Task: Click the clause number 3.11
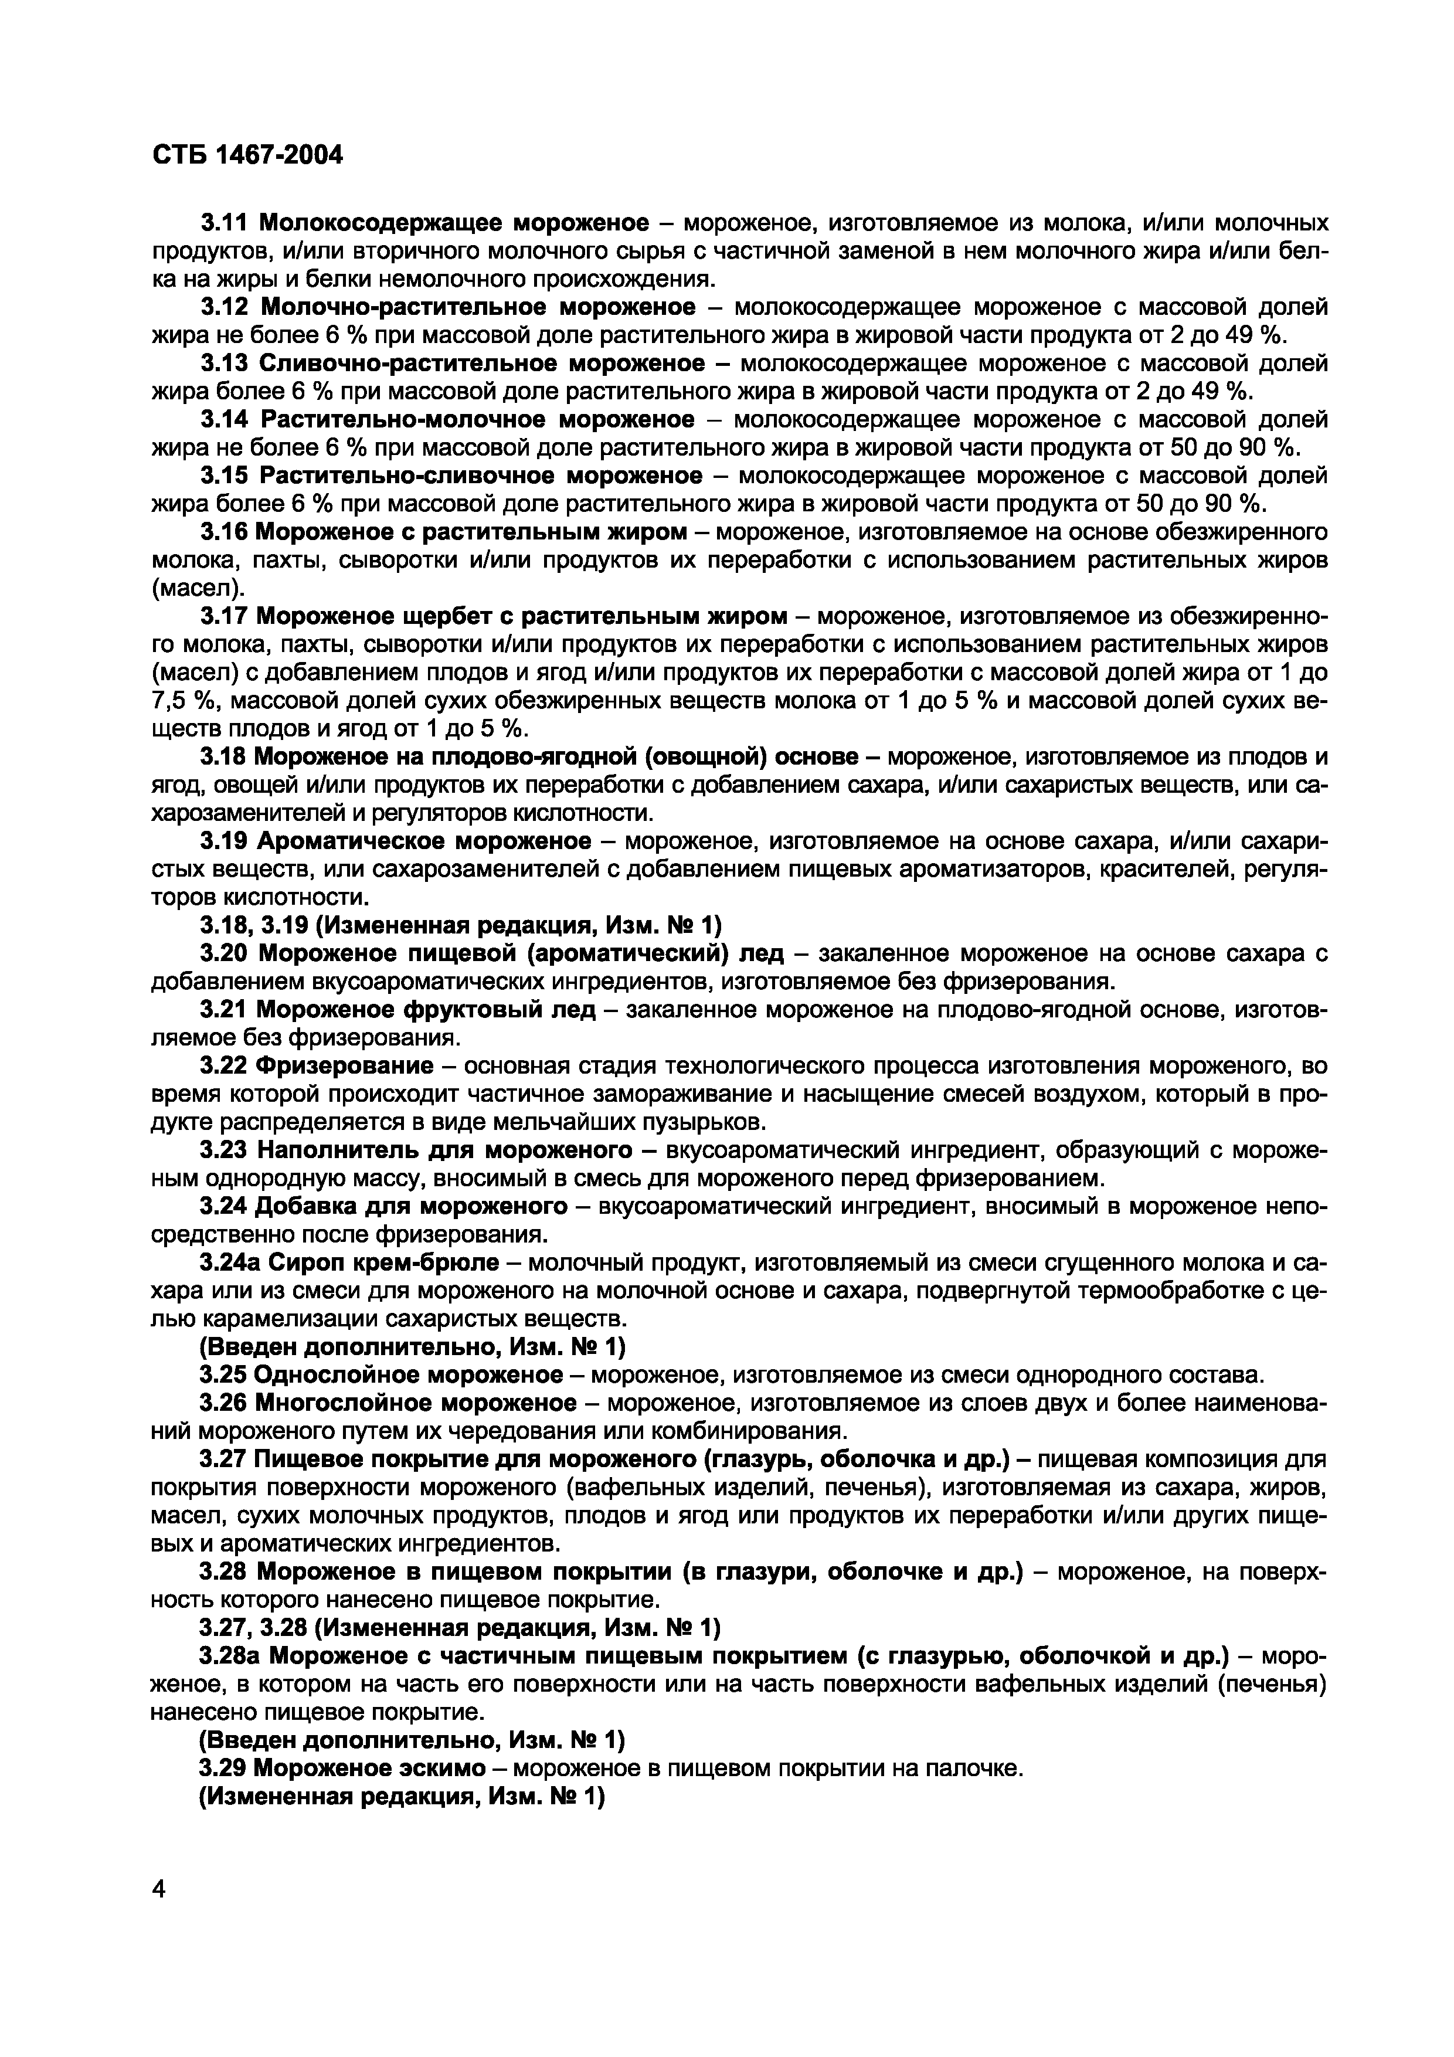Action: [224, 222]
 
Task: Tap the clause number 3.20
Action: [224, 954]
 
